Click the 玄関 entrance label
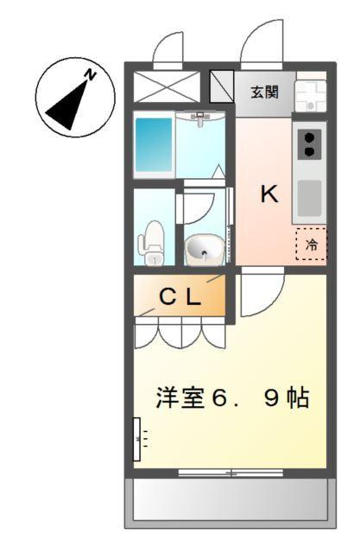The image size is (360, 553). pyautogui.click(x=264, y=92)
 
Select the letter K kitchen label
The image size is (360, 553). pyautogui.click(x=269, y=195)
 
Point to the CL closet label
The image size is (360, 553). pyautogui.click(x=180, y=297)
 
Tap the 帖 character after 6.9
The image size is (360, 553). pyautogui.click(x=297, y=398)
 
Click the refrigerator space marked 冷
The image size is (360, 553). pyautogui.click(x=311, y=245)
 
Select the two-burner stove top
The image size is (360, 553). pyautogui.click(x=309, y=143)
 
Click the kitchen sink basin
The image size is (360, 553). pyautogui.click(x=309, y=199)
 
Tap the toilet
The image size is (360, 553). pyautogui.click(x=154, y=242)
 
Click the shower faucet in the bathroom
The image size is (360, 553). pyautogui.click(x=200, y=118)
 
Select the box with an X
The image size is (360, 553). pyautogui.click(x=167, y=87)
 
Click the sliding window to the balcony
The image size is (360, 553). pyautogui.click(x=230, y=473)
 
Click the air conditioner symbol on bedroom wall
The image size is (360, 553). pyautogui.click(x=137, y=439)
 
